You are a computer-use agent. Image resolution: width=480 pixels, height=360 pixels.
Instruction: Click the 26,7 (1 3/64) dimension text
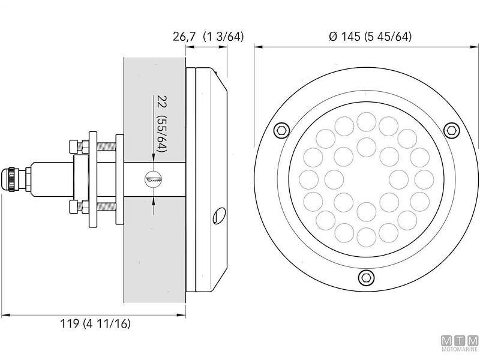208,37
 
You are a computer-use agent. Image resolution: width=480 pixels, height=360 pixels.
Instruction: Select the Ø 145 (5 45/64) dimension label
370,37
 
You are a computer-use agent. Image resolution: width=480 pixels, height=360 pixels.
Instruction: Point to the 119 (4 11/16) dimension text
95,324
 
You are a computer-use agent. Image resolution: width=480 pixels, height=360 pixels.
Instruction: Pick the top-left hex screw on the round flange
280,130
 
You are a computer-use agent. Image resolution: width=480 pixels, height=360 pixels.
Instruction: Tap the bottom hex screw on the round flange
365,276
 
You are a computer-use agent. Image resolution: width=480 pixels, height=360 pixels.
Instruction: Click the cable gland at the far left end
13,178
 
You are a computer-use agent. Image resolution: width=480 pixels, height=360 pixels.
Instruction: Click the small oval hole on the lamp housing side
219,214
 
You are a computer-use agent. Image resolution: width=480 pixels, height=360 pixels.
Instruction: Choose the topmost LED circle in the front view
365,121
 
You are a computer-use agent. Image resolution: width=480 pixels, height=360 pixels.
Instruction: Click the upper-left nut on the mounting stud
75,146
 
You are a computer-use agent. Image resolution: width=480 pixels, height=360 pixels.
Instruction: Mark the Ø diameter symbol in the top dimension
333,37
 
